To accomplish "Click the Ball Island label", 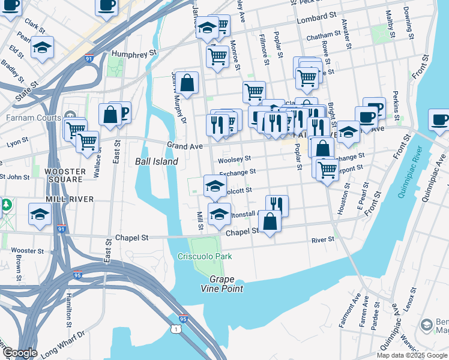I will [156, 161].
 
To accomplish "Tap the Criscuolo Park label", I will [205, 257].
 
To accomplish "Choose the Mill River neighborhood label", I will [70, 199].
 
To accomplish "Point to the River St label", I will [322, 239].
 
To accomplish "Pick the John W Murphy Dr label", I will [176, 92].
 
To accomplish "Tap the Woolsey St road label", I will [234, 159].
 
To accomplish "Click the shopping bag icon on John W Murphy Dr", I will [187, 83].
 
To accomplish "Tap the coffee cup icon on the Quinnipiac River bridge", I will [441, 119].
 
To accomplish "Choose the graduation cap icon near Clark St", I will [42, 47].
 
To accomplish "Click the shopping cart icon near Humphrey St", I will [217, 56].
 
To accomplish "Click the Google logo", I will [19, 353].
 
